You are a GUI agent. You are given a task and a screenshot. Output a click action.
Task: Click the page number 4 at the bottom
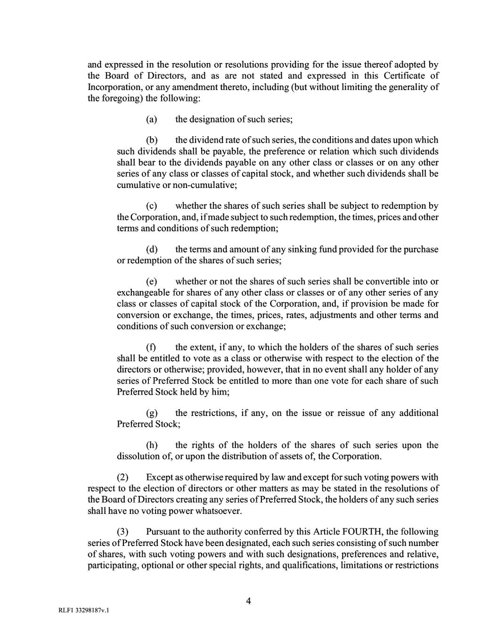pyautogui.click(x=248, y=601)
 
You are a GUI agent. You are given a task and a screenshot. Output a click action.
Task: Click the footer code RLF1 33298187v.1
pyautogui.click(x=83, y=611)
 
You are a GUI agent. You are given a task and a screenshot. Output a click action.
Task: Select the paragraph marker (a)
pyautogui.click(x=152, y=120)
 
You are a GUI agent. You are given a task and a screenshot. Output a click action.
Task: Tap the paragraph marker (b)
pyautogui.click(x=152, y=140)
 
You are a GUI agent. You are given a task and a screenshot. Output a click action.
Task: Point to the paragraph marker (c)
pyautogui.click(x=152, y=206)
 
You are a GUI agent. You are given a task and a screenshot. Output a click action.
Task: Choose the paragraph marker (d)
pyautogui.click(x=152, y=250)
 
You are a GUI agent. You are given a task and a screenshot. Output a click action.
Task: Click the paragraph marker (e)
pyautogui.click(x=152, y=282)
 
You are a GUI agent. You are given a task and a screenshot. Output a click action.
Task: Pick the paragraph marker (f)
pyautogui.click(x=151, y=348)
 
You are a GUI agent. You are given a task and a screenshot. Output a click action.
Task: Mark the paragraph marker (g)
pyautogui.click(x=152, y=414)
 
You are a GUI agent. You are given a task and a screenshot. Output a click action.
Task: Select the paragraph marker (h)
pyautogui.click(x=152, y=446)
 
